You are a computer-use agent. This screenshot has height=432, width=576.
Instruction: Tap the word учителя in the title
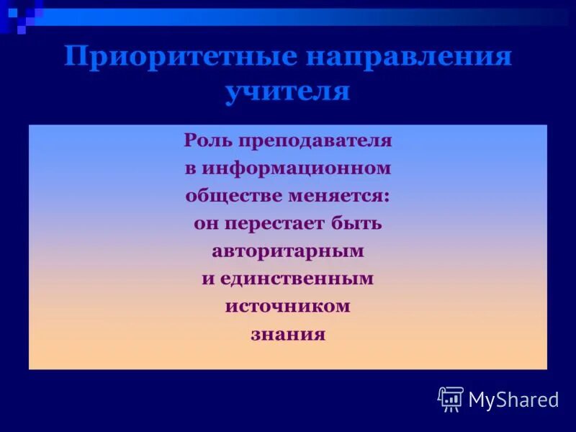287,91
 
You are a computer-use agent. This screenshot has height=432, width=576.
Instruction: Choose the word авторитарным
287,251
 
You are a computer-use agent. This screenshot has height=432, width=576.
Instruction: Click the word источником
287,306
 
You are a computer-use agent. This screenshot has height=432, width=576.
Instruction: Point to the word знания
287,334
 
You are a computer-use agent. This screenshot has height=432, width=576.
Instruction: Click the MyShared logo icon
451,398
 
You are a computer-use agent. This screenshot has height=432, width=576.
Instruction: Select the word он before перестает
204,224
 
